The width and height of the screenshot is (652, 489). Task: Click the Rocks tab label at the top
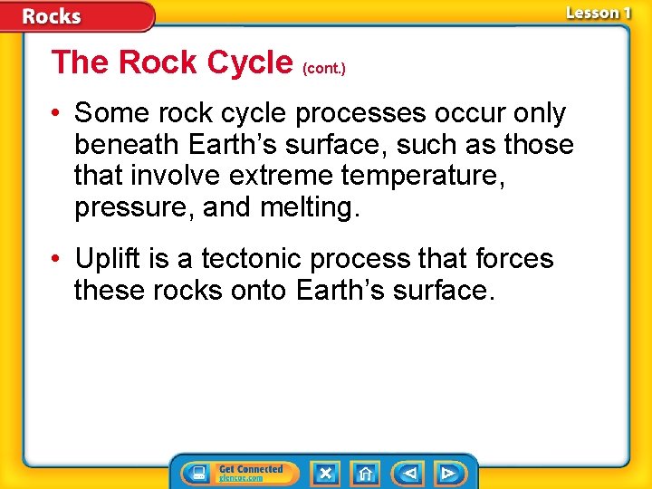point(52,16)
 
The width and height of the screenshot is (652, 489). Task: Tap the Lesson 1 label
point(598,13)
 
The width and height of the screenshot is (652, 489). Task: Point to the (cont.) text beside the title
point(324,67)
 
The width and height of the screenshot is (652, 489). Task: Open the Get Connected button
point(240,473)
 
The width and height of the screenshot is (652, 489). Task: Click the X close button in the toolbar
point(326,473)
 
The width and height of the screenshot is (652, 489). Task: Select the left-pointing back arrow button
point(408,473)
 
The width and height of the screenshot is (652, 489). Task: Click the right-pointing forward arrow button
point(448,473)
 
